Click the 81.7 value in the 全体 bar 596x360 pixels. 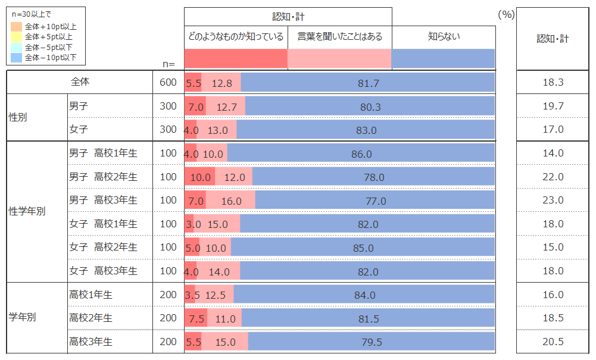(x=368, y=83)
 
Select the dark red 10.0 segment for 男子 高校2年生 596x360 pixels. (x=200, y=177)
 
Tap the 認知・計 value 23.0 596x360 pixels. (x=553, y=201)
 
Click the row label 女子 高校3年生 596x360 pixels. (x=104, y=271)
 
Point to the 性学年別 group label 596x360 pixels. (x=27, y=211)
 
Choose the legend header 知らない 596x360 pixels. (x=444, y=37)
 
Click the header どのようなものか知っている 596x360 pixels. (x=236, y=37)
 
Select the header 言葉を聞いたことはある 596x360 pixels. (x=339, y=37)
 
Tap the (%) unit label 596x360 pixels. (x=505, y=14)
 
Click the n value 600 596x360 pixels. (x=168, y=83)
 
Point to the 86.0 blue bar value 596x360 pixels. (x=361, y=154)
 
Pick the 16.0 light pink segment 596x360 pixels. (x=231, y=201)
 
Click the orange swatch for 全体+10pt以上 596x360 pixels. (x=17, y=27)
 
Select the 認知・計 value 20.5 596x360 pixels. (x=553, y=342)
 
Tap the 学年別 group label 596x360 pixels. (x=23, y=318)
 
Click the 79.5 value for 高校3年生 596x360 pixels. (x=372, y=342)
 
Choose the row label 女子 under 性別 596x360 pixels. (x=79, y=129)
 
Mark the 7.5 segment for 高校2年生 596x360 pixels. (x=196, y=318)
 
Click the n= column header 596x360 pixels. (x=168, y=64)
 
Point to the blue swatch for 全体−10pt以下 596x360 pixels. (x=17, y=58)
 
